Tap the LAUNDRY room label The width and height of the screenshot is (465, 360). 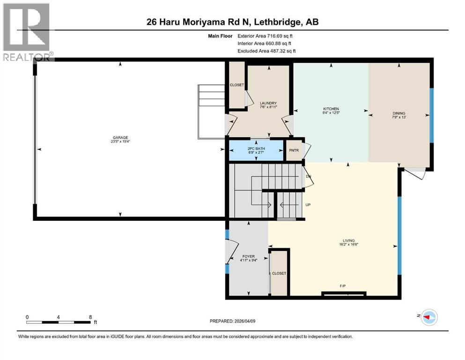click(x=268, y=103)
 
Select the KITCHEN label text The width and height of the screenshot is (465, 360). click(x=331, y=109)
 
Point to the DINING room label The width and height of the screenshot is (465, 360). click(x=399, y=113)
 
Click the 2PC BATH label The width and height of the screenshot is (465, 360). click(x=256, y=148)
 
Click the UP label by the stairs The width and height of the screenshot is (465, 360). click(x=308, y=205)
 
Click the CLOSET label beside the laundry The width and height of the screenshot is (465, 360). click(x=236, y=85)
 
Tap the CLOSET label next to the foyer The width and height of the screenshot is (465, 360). click(x=279, y=273)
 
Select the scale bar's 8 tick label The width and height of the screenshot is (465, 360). click(x=90, y=317)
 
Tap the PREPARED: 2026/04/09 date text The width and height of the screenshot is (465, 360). click(x=232, y=321)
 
